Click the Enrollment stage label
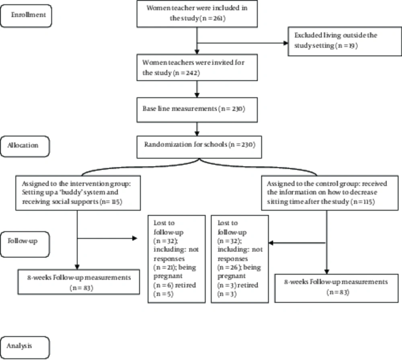[26, 16]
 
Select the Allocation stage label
[25, 146]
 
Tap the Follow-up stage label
[25, 244]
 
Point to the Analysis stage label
[25, 348]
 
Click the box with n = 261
[197, 14]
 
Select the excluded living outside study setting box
[345, 41]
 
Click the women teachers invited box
[197, 67]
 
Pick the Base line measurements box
[197, 110]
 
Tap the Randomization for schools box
[199, 147]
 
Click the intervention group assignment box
[78, 193]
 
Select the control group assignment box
[330, 193]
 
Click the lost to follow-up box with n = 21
[176, 259]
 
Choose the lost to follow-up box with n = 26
[240, 259]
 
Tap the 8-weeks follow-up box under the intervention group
[79, 282]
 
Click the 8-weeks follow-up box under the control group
[336, 288]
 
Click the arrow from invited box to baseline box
[197, 89]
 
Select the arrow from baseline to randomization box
[197, 129]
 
